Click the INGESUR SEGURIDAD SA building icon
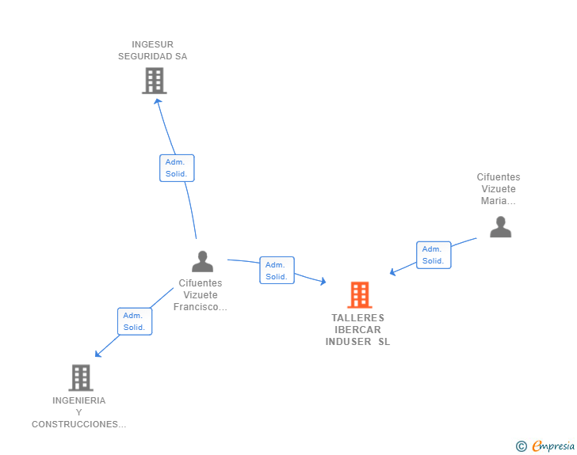pos(155,81)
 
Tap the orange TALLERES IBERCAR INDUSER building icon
pos(360,294)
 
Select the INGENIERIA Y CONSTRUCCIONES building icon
pos(81,377)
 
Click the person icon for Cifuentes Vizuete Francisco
pos(202,261)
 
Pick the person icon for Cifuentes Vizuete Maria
pos(500,227)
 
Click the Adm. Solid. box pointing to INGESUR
pos(177,168)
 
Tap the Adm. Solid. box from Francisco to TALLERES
pos(277,270)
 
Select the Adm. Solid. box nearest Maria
pos(434,255)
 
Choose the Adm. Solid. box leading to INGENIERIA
pos(135,321)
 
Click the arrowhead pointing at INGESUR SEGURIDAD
pos(158,101)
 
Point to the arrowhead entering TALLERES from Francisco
pos(323,282)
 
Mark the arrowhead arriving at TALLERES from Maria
pos(392,272)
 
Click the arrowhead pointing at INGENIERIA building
pos(98,354)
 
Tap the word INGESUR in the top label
pos(152,44)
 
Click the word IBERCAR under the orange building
pos(357,330)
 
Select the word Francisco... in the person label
pos(201,307)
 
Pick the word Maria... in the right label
pos(499,201)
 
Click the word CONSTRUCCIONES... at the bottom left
pos(78,424)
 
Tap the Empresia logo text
pos(553,446)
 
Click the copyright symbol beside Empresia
pos(522,446)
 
